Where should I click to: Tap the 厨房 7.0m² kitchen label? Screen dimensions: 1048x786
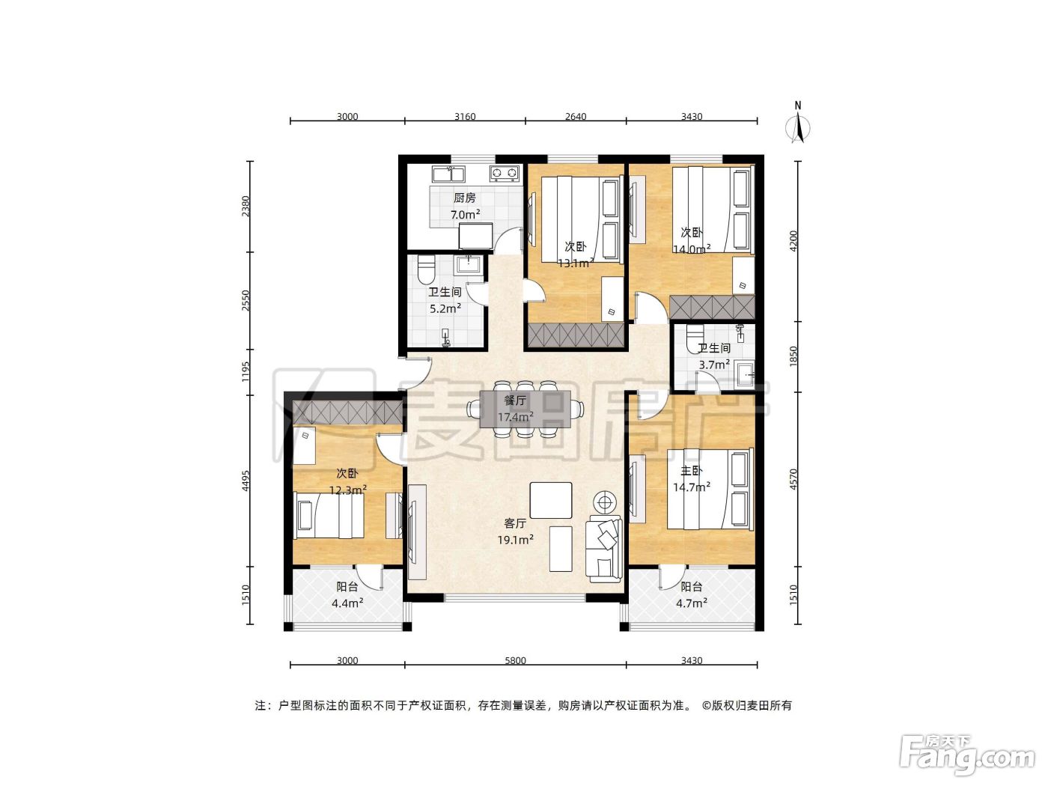point(465,206)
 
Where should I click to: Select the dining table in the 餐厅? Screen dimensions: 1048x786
point(525,409)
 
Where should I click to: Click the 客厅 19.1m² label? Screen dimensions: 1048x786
point(515,531)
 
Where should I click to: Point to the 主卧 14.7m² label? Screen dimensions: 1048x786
point(692,478)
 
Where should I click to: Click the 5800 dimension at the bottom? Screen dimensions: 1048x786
point(515,660)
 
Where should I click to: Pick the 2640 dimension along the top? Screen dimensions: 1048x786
point(576,117)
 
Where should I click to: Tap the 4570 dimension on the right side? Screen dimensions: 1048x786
point(793,479)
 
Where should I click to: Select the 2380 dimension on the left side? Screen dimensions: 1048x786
point(246,206)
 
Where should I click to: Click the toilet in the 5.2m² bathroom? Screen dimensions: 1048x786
point(425,269)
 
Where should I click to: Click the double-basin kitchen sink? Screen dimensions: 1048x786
point(448,174)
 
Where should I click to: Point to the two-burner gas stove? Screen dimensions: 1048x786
point(505,174)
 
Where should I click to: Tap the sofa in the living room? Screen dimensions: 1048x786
point(604,549)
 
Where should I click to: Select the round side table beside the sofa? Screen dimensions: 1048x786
point(605,502)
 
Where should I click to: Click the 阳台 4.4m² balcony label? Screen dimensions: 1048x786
point(347,594)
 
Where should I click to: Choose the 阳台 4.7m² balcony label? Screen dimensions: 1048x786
point(692,594)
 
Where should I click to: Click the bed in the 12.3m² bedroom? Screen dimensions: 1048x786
point(330,516)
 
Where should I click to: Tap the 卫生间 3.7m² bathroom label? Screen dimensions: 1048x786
point(714,356)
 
